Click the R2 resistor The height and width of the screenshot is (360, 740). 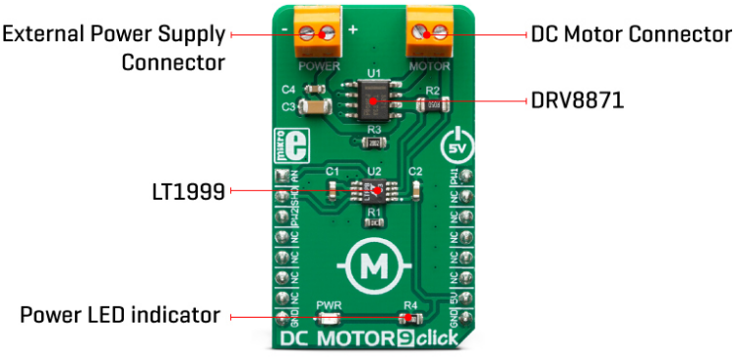point(432,104)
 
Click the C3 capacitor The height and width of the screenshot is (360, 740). point(315,106)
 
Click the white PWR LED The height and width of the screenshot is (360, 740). point(329,319)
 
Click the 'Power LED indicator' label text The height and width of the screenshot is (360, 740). point(119,317)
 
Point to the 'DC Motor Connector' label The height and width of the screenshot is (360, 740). point(630,34)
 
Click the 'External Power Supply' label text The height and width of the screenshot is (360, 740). point(113,34)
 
